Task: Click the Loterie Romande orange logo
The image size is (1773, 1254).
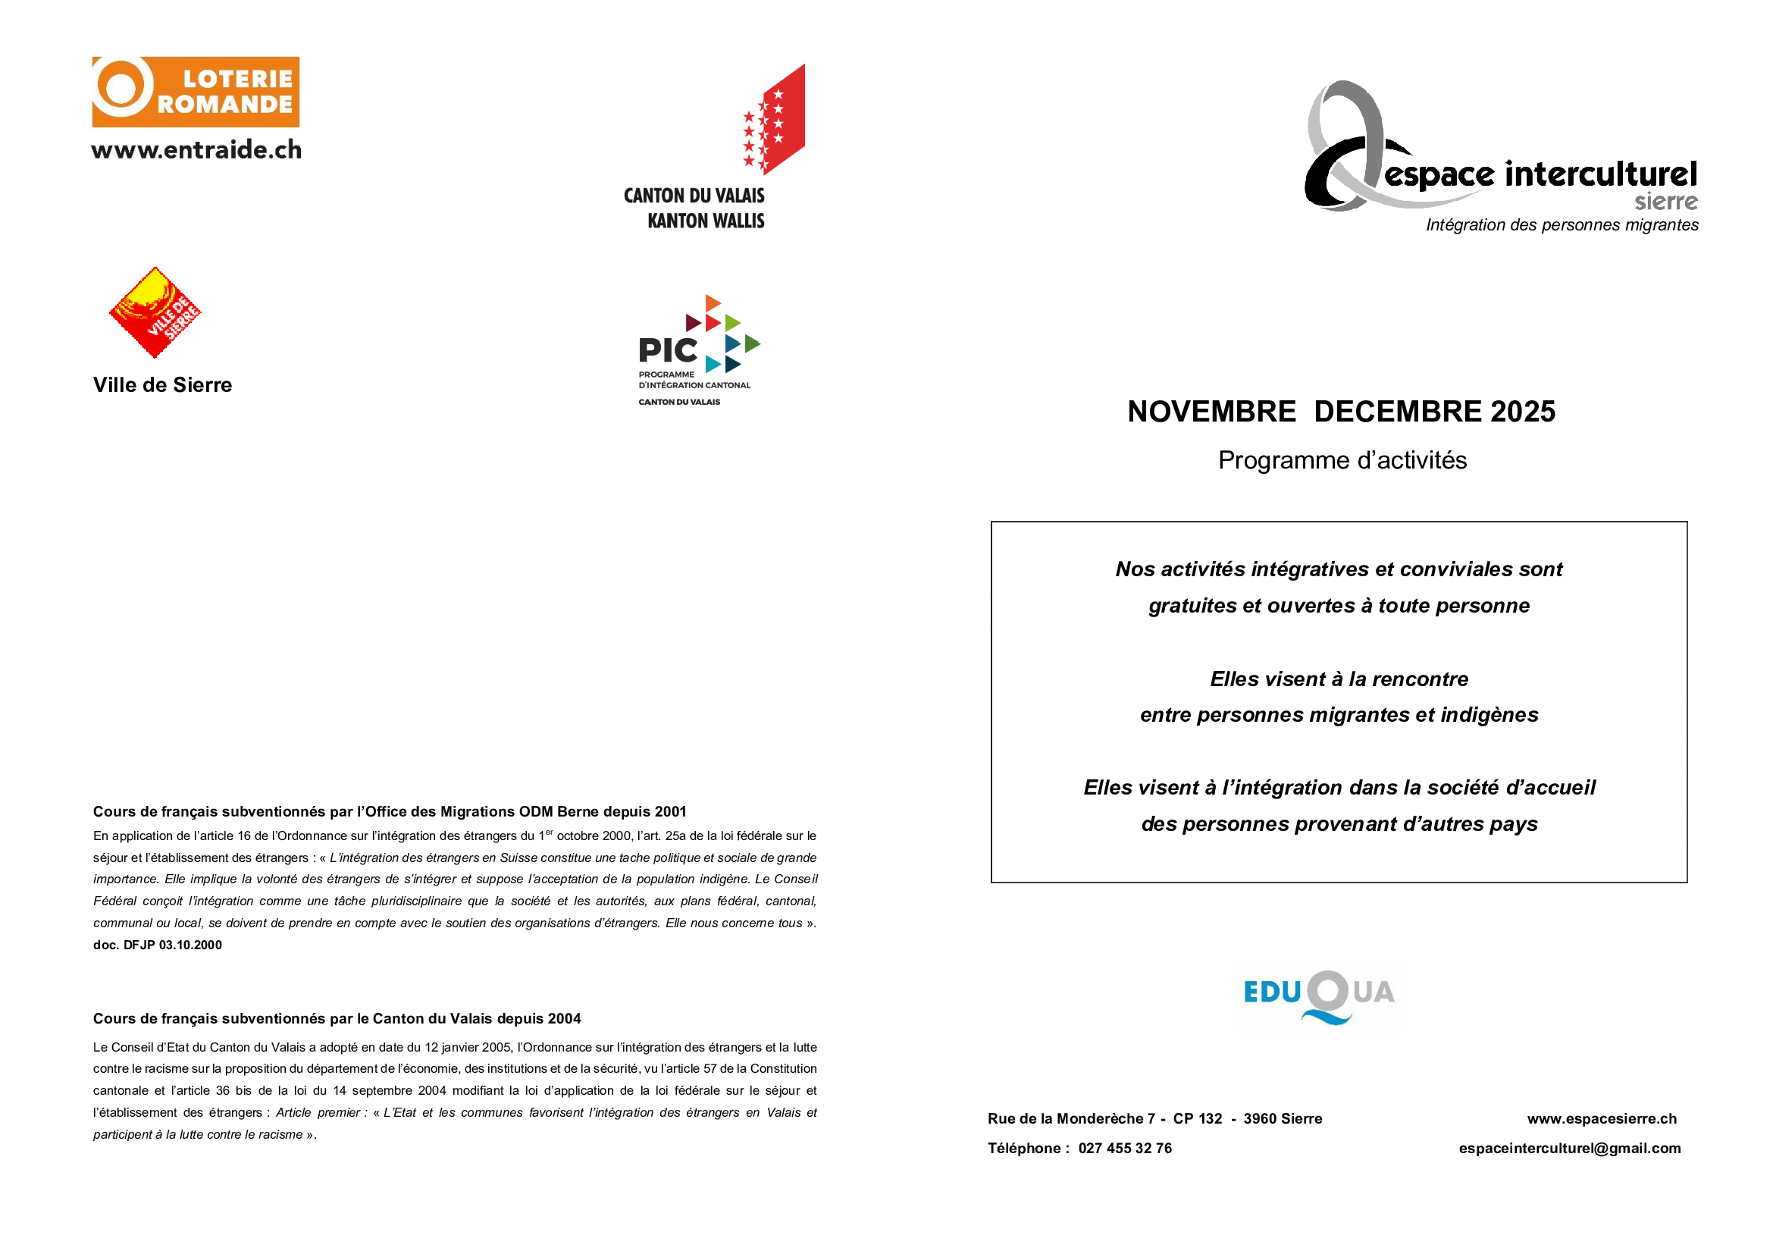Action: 196,92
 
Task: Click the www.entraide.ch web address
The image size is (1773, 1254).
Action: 196,150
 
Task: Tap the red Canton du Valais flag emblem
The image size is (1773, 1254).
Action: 775,120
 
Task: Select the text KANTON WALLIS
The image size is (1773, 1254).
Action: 706,221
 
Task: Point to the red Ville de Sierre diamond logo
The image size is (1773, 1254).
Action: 155,312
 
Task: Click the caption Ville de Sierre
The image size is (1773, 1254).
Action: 162,385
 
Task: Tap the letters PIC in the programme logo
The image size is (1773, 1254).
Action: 668,350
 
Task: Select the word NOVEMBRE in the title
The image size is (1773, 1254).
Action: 1211,412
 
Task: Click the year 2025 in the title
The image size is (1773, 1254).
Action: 1523,412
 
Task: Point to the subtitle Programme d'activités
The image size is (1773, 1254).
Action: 1342,460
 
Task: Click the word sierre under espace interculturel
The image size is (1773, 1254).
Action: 1665,202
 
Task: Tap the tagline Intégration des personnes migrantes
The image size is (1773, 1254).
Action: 1562,225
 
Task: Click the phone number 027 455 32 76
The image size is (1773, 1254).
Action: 1124,1148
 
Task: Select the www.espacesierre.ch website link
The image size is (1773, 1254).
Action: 1602,1119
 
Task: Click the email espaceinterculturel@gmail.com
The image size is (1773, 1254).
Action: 1569,1148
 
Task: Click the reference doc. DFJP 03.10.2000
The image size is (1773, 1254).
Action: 158,945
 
